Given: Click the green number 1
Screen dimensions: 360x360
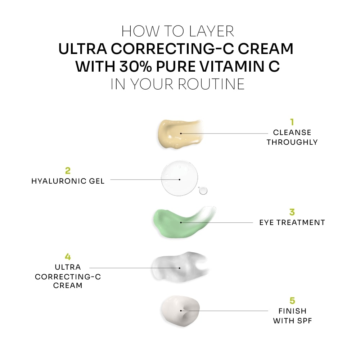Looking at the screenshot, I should [x=292, y=122].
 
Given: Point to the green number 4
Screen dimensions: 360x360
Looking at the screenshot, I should [x=68, y=257].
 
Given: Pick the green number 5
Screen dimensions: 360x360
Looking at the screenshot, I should [x=292, y=300].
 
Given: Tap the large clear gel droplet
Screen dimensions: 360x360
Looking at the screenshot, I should [x=179, y=179].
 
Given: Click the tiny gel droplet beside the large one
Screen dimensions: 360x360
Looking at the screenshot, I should [x=203, y=190].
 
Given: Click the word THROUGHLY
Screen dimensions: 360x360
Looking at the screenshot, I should [x=292, y=142].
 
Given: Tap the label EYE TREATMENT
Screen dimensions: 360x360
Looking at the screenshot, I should [x=292, y=222].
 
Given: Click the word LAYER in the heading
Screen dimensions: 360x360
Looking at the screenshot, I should [x=216, y=31].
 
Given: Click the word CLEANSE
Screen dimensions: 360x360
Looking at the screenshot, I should [x=292, y=133].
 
